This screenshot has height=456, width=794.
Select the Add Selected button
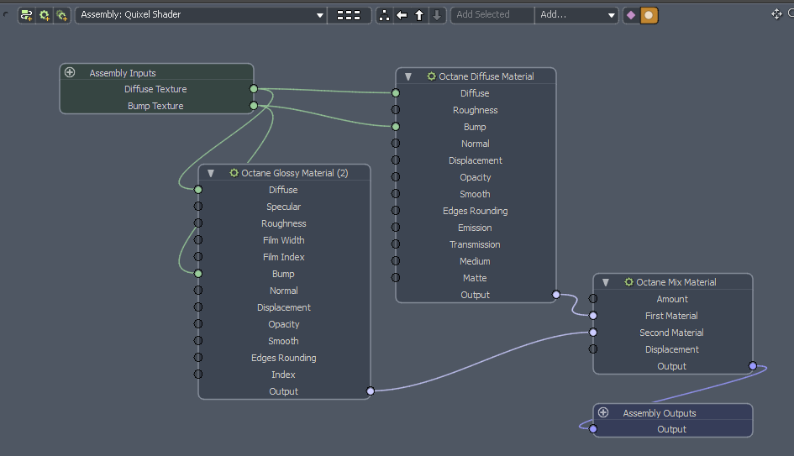coord(492,15)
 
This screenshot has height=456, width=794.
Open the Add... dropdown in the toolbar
coord(576,15)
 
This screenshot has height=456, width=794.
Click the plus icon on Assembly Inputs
coord(70,73)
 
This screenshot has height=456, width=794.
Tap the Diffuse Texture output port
coord(254,89)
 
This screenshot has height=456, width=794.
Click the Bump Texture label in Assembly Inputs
coord(155,106)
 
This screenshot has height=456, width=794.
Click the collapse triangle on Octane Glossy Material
coord(211,173)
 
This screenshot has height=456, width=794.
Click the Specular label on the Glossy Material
coord(283,207)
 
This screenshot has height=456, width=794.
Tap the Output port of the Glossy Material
coord(371,391)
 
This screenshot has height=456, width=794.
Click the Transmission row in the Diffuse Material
coord(475,244)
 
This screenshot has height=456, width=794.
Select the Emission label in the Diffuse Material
coord(475,228)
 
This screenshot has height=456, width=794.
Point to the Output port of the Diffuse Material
coord(555,295)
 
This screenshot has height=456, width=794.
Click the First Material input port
coord(593,316)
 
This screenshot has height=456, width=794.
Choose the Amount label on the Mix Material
coord(671,299)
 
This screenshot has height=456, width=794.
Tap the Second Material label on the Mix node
coord(671,333)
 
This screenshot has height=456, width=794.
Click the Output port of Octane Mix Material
coord(752,366)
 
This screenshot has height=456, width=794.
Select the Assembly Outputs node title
coord(659,413)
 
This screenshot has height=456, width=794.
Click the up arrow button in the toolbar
coord(419,15)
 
